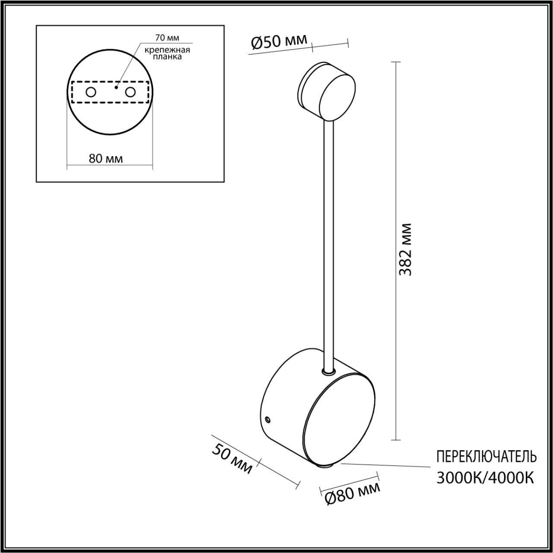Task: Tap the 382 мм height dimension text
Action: pos(405,250)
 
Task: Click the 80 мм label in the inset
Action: pos(106,159)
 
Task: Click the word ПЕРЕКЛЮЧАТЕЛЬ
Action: pos(486,456)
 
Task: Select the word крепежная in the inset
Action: pos(168,50)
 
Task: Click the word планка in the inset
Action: pos(168,57)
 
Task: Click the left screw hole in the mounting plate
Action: pos(91,92)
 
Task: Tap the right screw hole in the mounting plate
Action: pos(130,92)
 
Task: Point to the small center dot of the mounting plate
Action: pos(116,88)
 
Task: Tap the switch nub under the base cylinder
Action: pos(324,466)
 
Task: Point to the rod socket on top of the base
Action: pos(329,371)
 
